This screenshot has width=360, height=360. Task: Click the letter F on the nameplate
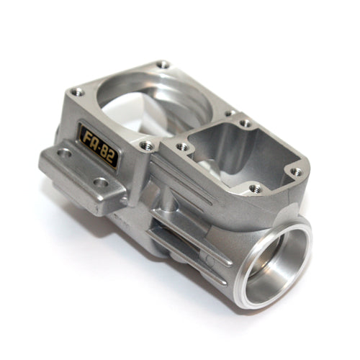[x=89, y=138]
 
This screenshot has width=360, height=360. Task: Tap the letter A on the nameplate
[x=96, y=143]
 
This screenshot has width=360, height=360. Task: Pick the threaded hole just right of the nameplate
[x=147, y=146]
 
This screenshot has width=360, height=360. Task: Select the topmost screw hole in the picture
[x=163, y=65]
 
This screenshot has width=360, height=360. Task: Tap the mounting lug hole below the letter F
[x=66, y=153]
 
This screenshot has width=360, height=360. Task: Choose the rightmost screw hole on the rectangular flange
[x=294, y=172]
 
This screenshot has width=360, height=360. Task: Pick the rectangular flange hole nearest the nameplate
[x=183, y=147]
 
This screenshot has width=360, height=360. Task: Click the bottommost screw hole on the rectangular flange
[x=255, y=189]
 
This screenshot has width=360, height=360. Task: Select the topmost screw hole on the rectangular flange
[x=246, y=123]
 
